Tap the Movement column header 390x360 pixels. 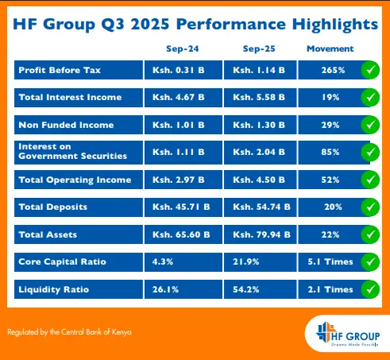click(x=330, y=49)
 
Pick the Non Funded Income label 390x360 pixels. click(x=66, y=125)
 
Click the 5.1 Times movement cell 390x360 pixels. click(x=330, y=261)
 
